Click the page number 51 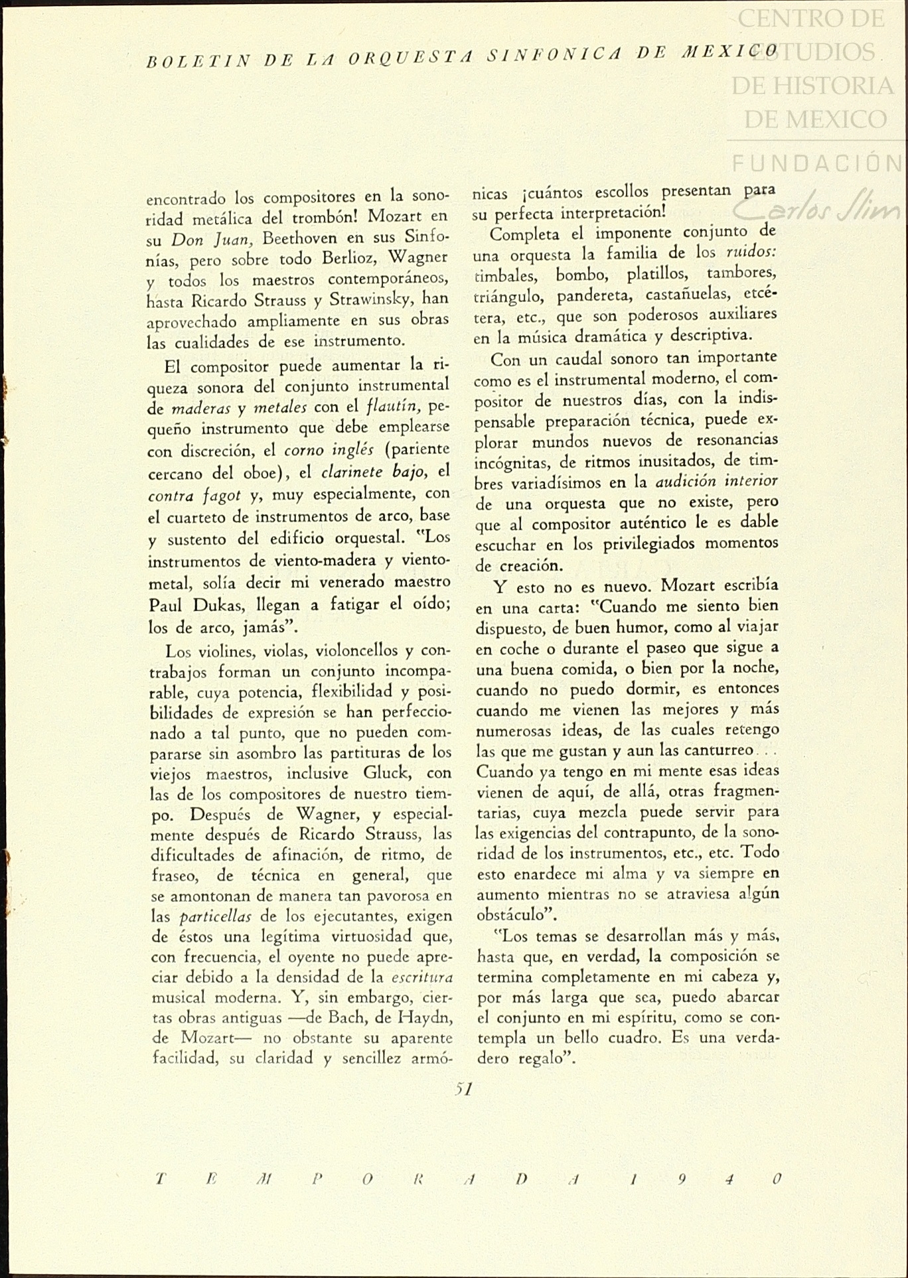(x=463, y=1089)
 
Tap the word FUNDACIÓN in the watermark (x=816, y=163)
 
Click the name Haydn (x=424, y=1018)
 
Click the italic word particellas (x=215, y=917)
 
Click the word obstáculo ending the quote (x=515, y=915)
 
